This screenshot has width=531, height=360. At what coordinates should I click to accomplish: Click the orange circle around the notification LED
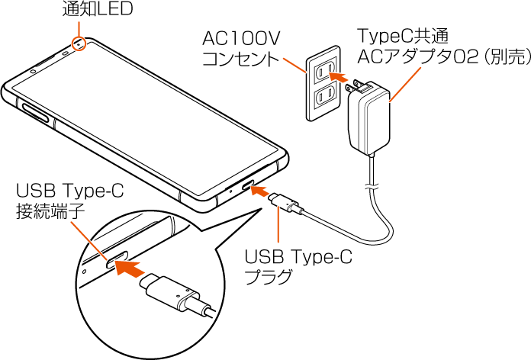(79, 44)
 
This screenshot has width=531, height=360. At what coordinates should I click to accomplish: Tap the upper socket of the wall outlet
(323, 72)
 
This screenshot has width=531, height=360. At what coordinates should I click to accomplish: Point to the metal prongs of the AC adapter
(355, 89)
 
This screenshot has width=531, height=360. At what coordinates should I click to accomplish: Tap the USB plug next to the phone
(288, 204)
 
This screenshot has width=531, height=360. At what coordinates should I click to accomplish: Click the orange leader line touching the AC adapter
(405, 84)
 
